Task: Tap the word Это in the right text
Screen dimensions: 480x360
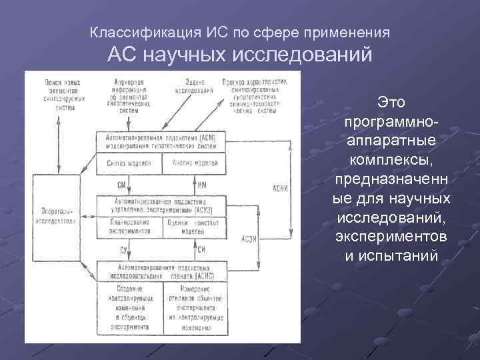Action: coord(391,102)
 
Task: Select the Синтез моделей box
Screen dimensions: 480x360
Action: coord(129,162)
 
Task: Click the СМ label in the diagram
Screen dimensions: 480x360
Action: coord(122,183)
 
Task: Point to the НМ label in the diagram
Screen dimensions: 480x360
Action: coord(202,183)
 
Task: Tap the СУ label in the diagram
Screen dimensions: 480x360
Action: coord(123,249)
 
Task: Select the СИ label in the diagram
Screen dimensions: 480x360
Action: coord(202,249)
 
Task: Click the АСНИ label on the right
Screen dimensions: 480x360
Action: coord(280,189)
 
